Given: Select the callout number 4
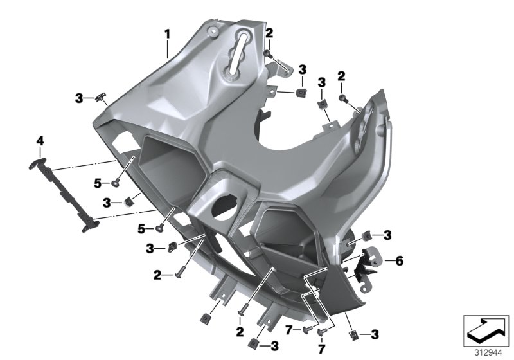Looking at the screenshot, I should (40, 140).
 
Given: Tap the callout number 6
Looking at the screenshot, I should (399, 261).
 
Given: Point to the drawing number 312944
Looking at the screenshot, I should (486, 352).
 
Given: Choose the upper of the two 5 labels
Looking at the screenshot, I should (98, 183).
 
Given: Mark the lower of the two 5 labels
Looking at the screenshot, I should (141, 228).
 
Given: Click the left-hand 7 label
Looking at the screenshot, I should (288, 330).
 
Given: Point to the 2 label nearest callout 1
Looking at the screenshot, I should (269, 33).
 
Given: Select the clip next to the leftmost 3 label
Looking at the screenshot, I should (99, 98).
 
